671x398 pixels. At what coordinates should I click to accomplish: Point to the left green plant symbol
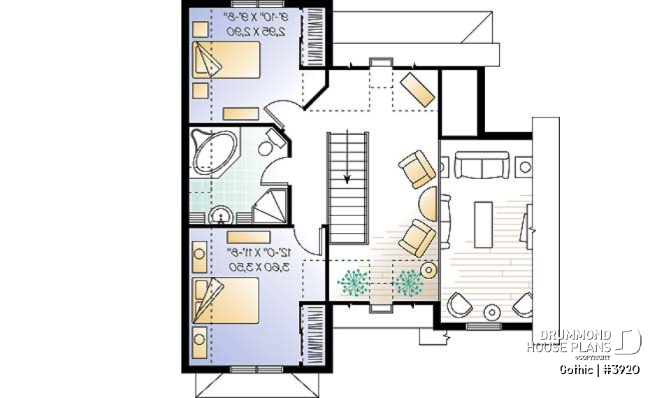click(x=354, y=283)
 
